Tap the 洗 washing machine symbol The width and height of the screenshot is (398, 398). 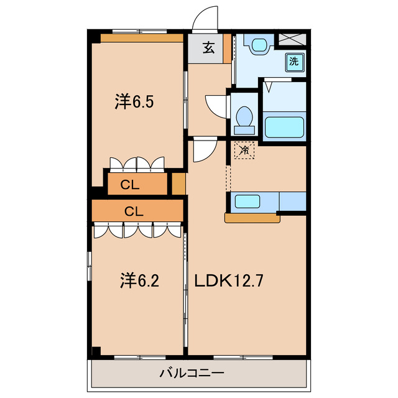tap(294, 61)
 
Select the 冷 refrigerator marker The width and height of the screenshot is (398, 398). tap(244, 150)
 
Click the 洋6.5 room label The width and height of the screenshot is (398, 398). tap(134, 101)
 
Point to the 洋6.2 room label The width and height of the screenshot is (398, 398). tap(139, 281)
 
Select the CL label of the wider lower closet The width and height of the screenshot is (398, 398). tap(134, 211)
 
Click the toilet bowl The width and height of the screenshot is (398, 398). tap(244, 118)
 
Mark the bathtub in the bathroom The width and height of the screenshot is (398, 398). tap(285, 126)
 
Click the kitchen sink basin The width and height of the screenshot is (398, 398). tap(247, 201)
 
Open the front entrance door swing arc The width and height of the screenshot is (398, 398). tap(206, 20)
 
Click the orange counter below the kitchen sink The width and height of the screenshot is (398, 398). tap(252, 218)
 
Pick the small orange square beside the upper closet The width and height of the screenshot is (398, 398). tap(178, 184)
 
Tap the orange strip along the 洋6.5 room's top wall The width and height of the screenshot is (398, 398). tap(142, 38)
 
